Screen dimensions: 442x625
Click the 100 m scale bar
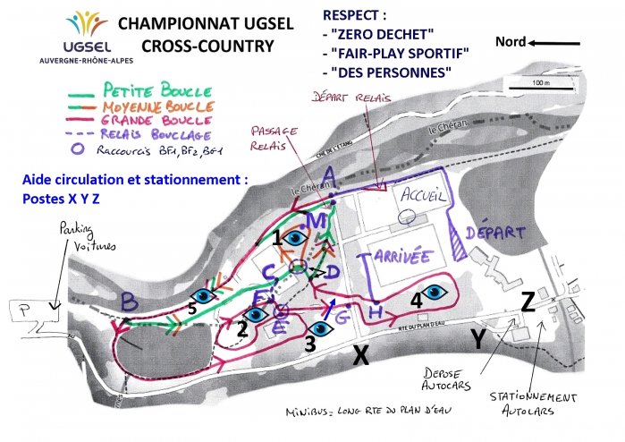tap(536, 86)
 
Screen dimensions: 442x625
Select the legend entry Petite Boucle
tap(157, 90)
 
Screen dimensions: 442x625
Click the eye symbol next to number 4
tap(435, 291)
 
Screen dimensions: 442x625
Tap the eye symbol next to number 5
tap(205, 294)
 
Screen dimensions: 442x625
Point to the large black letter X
tap(360, 356)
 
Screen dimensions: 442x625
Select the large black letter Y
tap(479, 338)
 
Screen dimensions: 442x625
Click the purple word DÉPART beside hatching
tap(495, 232)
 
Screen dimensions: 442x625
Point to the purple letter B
tap(129, 299)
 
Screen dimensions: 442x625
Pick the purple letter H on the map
tap(376, 310)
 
